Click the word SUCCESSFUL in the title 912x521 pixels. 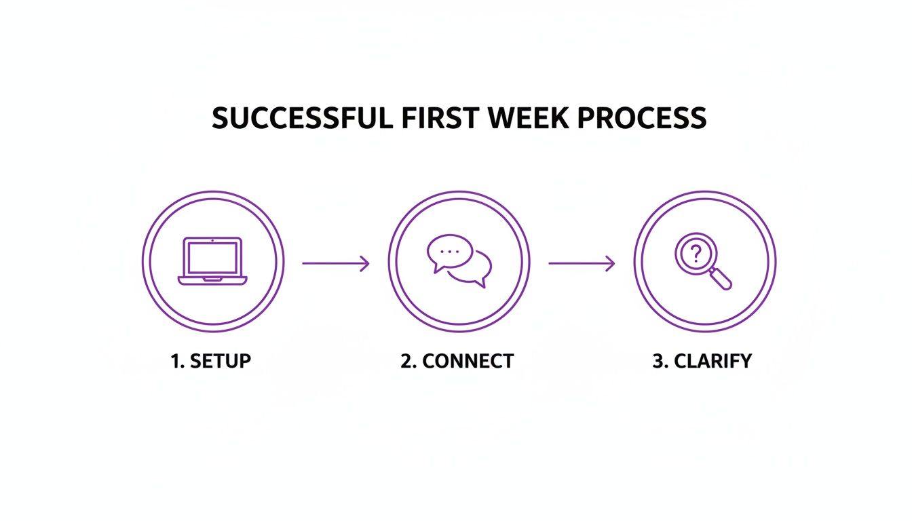click(x=301, y=119)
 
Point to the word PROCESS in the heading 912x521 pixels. click(x=641, y=119)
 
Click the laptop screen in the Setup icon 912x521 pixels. click(x=212, y=258)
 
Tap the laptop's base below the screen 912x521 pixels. click(x=212, y=279)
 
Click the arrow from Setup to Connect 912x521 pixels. click(x=336, y=263)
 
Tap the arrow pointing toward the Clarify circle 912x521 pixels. click(x=582, y=263)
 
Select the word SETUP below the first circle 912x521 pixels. click(x=221, y=361)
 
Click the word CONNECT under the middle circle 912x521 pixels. click(x=468, y=361)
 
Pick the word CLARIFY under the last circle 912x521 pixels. click(x=712, y=361)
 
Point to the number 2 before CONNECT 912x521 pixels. click(x=407, y=361)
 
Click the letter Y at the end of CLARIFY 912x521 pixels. click(x=745, y=361)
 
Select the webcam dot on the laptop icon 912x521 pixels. click(x=212, y=240)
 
